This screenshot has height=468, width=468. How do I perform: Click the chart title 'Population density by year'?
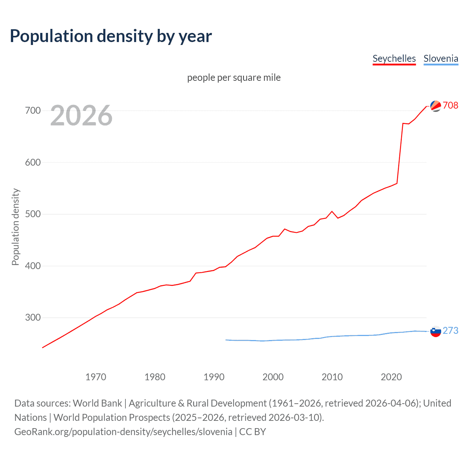pyautogui.click(x=111, y=36)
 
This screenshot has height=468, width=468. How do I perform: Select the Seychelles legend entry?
pyautogui.click(x=394, y=58)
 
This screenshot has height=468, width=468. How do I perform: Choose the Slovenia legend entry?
pyautogui.click(x=441, y=58)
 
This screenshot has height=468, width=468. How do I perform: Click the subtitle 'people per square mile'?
pyautogui.click(x=234, y=78)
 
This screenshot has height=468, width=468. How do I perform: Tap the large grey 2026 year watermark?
pyautogui.click(x=81, y=116)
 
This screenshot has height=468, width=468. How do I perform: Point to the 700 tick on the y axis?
pyautogui.click(x=33, y=110)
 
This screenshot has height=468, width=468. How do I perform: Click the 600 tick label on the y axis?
pyautogui.click(x=33, y=162)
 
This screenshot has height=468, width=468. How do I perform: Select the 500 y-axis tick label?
pyautogui.click(x=33, y=214)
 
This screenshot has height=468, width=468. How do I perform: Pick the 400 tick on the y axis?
pyautogui.click(x=33, y=266)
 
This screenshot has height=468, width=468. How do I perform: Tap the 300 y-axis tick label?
pyautogui.click(x=33, y=317)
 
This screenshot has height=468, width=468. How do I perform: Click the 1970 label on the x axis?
pyautogui.click(x=96, y=377)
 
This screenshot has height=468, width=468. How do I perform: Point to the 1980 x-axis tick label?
pyautogui.click(x=155, y=377)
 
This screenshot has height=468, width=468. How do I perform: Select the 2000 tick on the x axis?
pyautogui.click(x=273, y=377)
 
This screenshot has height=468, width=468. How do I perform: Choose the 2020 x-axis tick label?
pyautogui.click(x=391, y=377)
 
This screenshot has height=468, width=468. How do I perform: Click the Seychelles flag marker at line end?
pyautogui.click(x=435, y=106)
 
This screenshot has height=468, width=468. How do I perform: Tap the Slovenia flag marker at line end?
pyautogui.click(x=435, y=331)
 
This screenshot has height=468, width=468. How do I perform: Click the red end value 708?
pyautogui.click(x=450, y=105)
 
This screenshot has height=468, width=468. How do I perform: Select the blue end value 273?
pyautogui.click(x=450, y=331)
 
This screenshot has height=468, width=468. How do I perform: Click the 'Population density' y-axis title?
pyautogui.click(x=15, y=227)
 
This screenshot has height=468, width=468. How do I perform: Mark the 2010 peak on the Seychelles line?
pyautogui.click(x=332, y=211)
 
